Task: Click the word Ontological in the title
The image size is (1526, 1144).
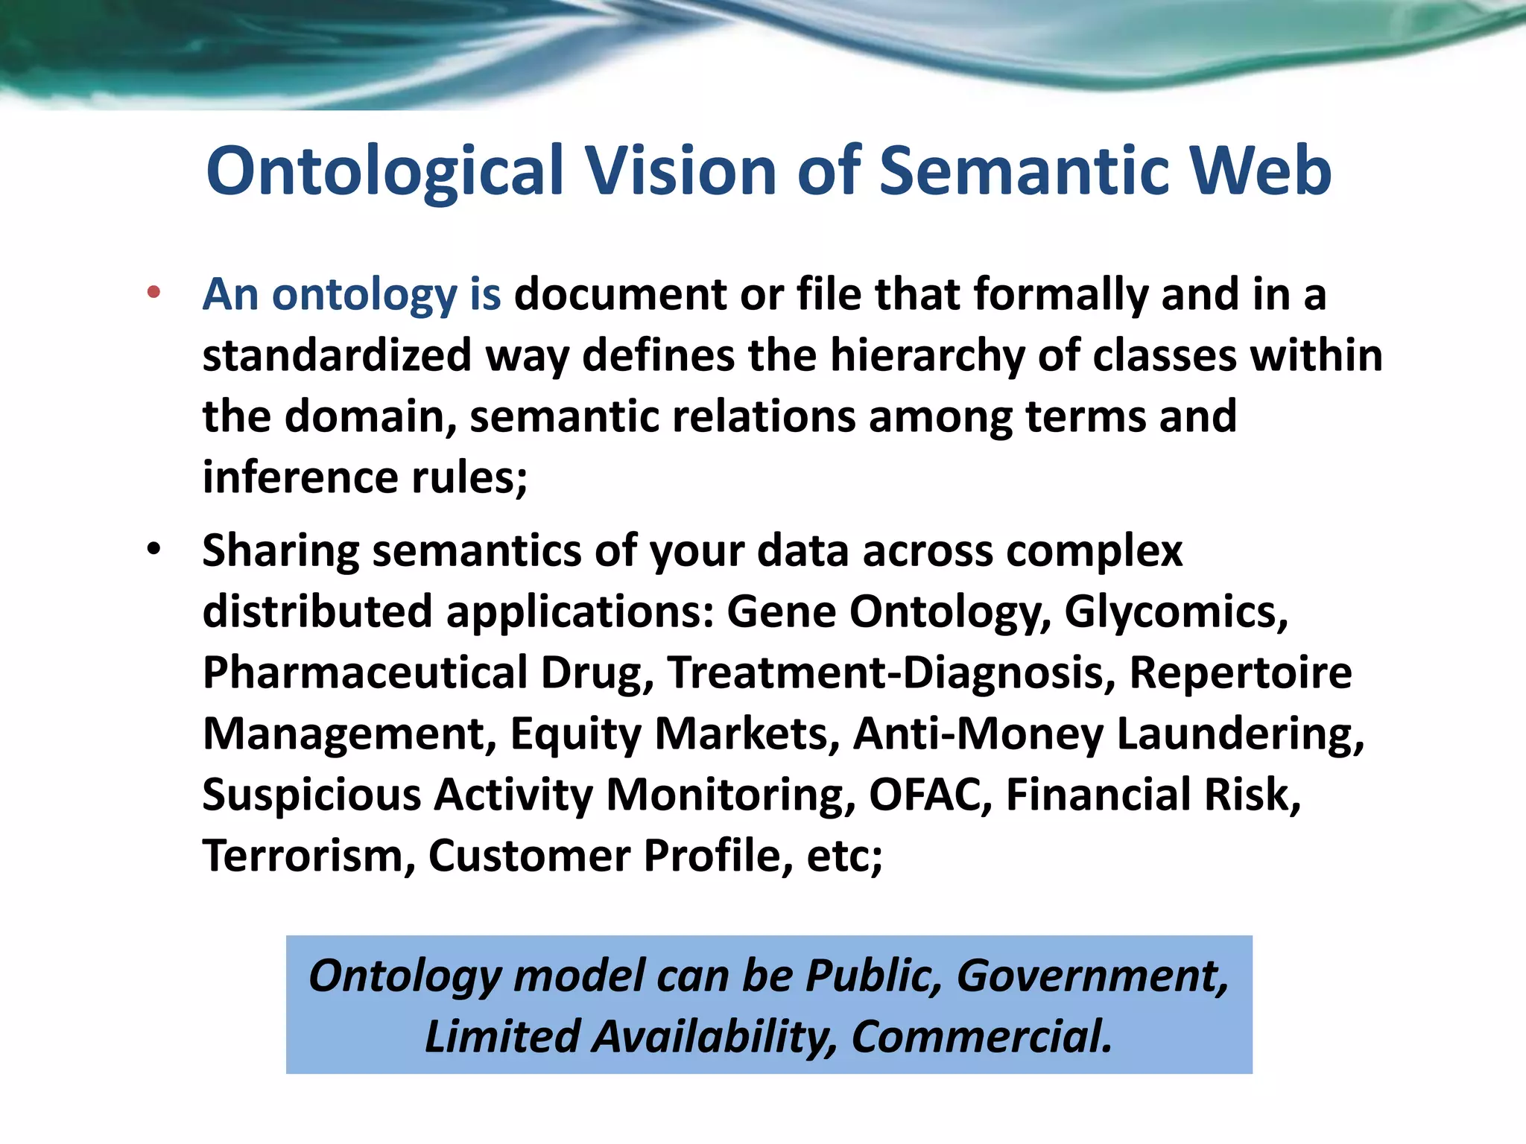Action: pos(384,171)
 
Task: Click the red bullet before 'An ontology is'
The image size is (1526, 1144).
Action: pos(153,292)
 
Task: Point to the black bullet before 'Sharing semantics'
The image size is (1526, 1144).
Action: pos(153,550)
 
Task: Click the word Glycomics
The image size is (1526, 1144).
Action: pos(1175,612)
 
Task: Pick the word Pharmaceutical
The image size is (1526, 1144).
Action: pos(365,673)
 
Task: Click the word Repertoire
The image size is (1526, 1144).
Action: pos(1240,673)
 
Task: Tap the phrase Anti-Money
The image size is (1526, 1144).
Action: pos(978,734)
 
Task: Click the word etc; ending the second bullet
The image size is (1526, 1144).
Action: pos(844,856)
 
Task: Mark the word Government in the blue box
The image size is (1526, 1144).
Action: pos(1092,976)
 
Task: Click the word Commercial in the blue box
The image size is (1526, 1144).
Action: pos(981,1037)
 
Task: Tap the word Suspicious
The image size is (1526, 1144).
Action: pos(311,795)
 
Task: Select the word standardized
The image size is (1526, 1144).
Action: pos(337,356)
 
